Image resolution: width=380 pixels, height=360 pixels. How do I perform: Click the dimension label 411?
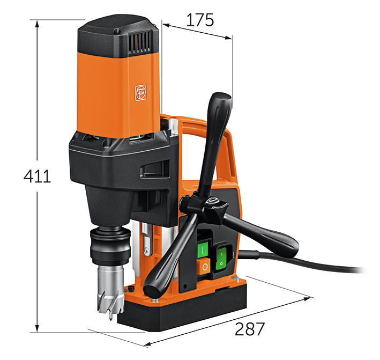(x=37, y=176)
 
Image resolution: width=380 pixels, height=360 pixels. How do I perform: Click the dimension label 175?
(x=200, y=20)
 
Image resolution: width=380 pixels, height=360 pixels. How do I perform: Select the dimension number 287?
(x=250, y=329)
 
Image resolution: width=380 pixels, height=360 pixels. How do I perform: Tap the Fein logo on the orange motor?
(x=140, y=92)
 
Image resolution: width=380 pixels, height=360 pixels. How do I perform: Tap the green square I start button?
(x=203, y=248)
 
